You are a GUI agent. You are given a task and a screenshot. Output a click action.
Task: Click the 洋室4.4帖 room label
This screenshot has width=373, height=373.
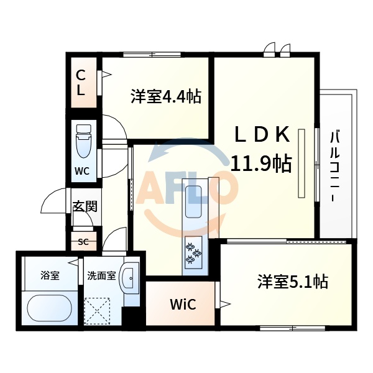click(165, 96)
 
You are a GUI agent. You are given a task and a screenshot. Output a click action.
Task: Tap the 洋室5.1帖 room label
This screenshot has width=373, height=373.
click(293, 282)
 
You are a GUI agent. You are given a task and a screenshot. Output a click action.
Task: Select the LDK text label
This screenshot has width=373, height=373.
click(262, 134)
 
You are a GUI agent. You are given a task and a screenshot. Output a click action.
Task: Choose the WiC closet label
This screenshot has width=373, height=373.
click(183, 305)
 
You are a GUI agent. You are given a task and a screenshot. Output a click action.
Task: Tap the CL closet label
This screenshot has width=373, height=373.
click(81, 83)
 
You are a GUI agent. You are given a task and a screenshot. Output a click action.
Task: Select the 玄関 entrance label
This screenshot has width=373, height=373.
click(85, 206)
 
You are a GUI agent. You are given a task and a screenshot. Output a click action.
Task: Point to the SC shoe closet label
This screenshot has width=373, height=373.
click(83, 242)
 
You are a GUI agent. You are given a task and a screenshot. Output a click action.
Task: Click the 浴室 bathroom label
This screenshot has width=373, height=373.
click(50, 275)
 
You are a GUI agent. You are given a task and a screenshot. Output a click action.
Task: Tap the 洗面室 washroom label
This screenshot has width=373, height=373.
click(101, 275)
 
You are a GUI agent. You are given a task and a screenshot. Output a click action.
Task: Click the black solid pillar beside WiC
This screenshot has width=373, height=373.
click(132, 318)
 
